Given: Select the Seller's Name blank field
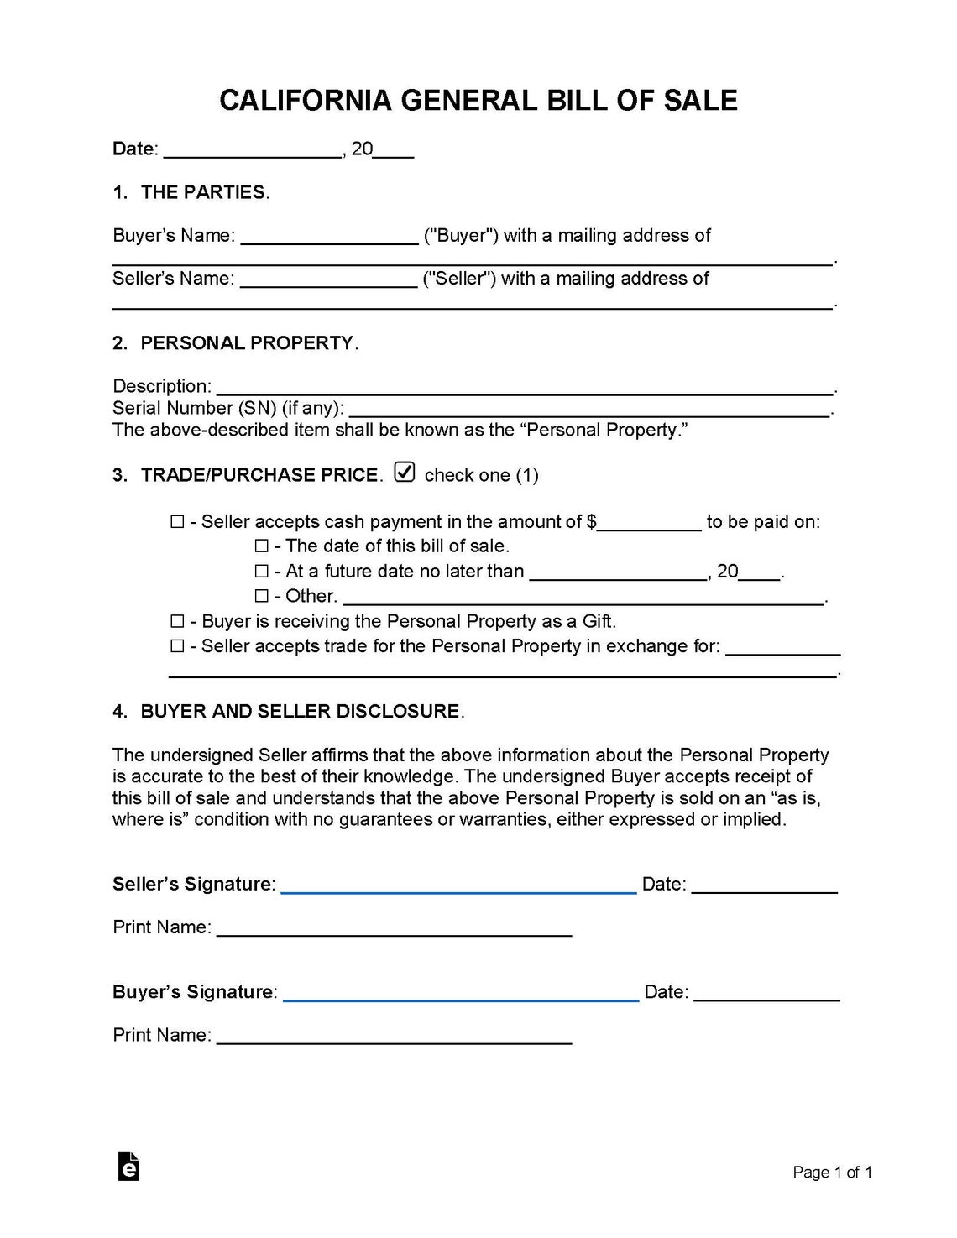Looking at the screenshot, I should point(329,280).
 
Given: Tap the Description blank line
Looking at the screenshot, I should point(524,389).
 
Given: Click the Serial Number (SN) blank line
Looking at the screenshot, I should point(588,410).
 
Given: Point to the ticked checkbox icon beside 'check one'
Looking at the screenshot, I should point(405,473).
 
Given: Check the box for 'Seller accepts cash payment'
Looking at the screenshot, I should point(177,522).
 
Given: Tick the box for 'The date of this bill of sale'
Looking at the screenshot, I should point(261,546).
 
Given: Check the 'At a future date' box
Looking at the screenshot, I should point(261,572).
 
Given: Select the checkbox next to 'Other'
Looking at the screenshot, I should point(261,597).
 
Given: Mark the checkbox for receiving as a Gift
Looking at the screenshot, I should point(177,622).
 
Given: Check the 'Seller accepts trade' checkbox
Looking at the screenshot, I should point(177,646).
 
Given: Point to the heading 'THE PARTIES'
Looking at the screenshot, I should point(203,192).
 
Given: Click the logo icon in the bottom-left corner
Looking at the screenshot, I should point(128,1167).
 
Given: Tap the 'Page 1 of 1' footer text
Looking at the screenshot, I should point(832,1173).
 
